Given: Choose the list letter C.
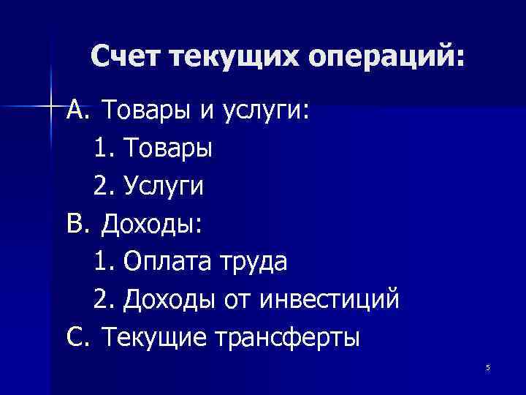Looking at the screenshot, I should tap(76, 337).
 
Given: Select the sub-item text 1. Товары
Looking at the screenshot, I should tap(153, 148).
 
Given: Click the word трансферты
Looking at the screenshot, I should tap(287, 338).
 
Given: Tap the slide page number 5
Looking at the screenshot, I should tap(487, 367).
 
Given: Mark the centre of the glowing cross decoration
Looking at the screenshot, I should tap(51, 106).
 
